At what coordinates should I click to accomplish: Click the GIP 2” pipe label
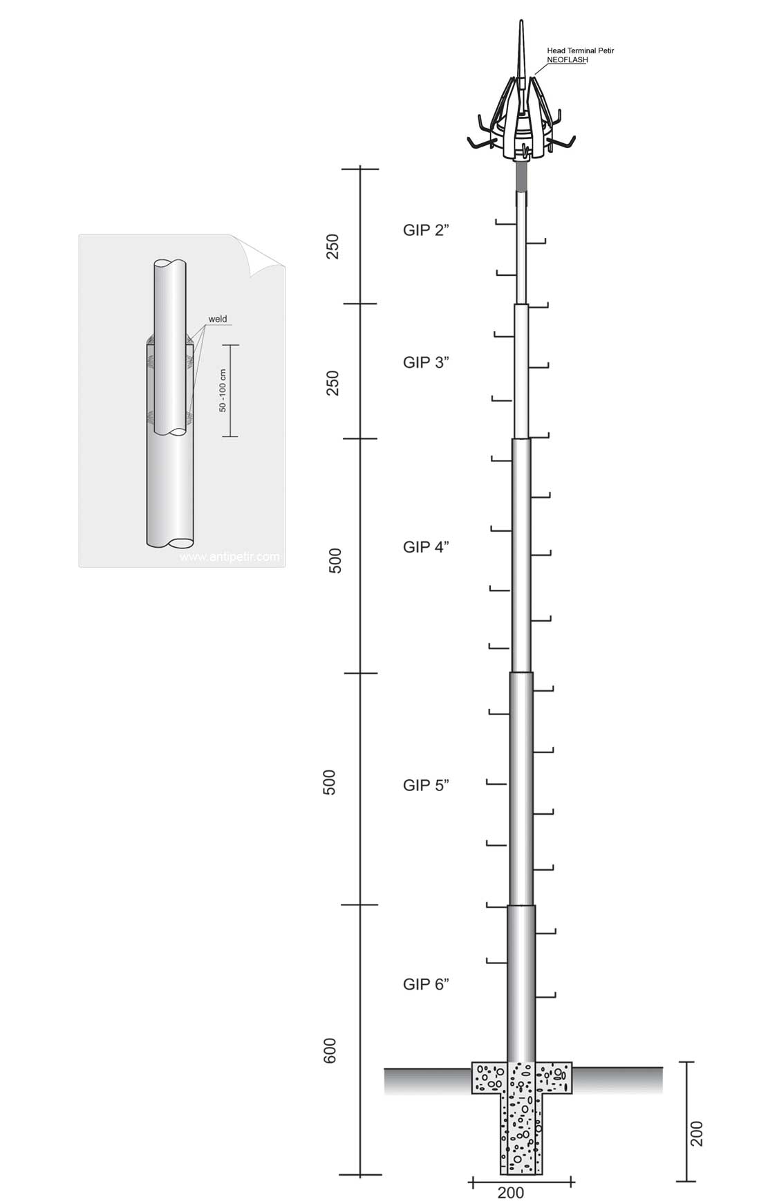426,230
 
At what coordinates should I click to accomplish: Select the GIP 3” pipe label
426,362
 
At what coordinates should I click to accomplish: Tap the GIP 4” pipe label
426,547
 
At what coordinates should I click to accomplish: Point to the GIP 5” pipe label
426,785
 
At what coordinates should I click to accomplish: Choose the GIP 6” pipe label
426,984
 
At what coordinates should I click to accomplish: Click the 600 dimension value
330,1050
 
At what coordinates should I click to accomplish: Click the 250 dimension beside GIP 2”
333,247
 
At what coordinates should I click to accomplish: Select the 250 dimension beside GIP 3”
333,383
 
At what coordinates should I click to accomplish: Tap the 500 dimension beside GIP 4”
335,561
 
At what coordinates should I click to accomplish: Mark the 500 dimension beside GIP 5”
330,782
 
